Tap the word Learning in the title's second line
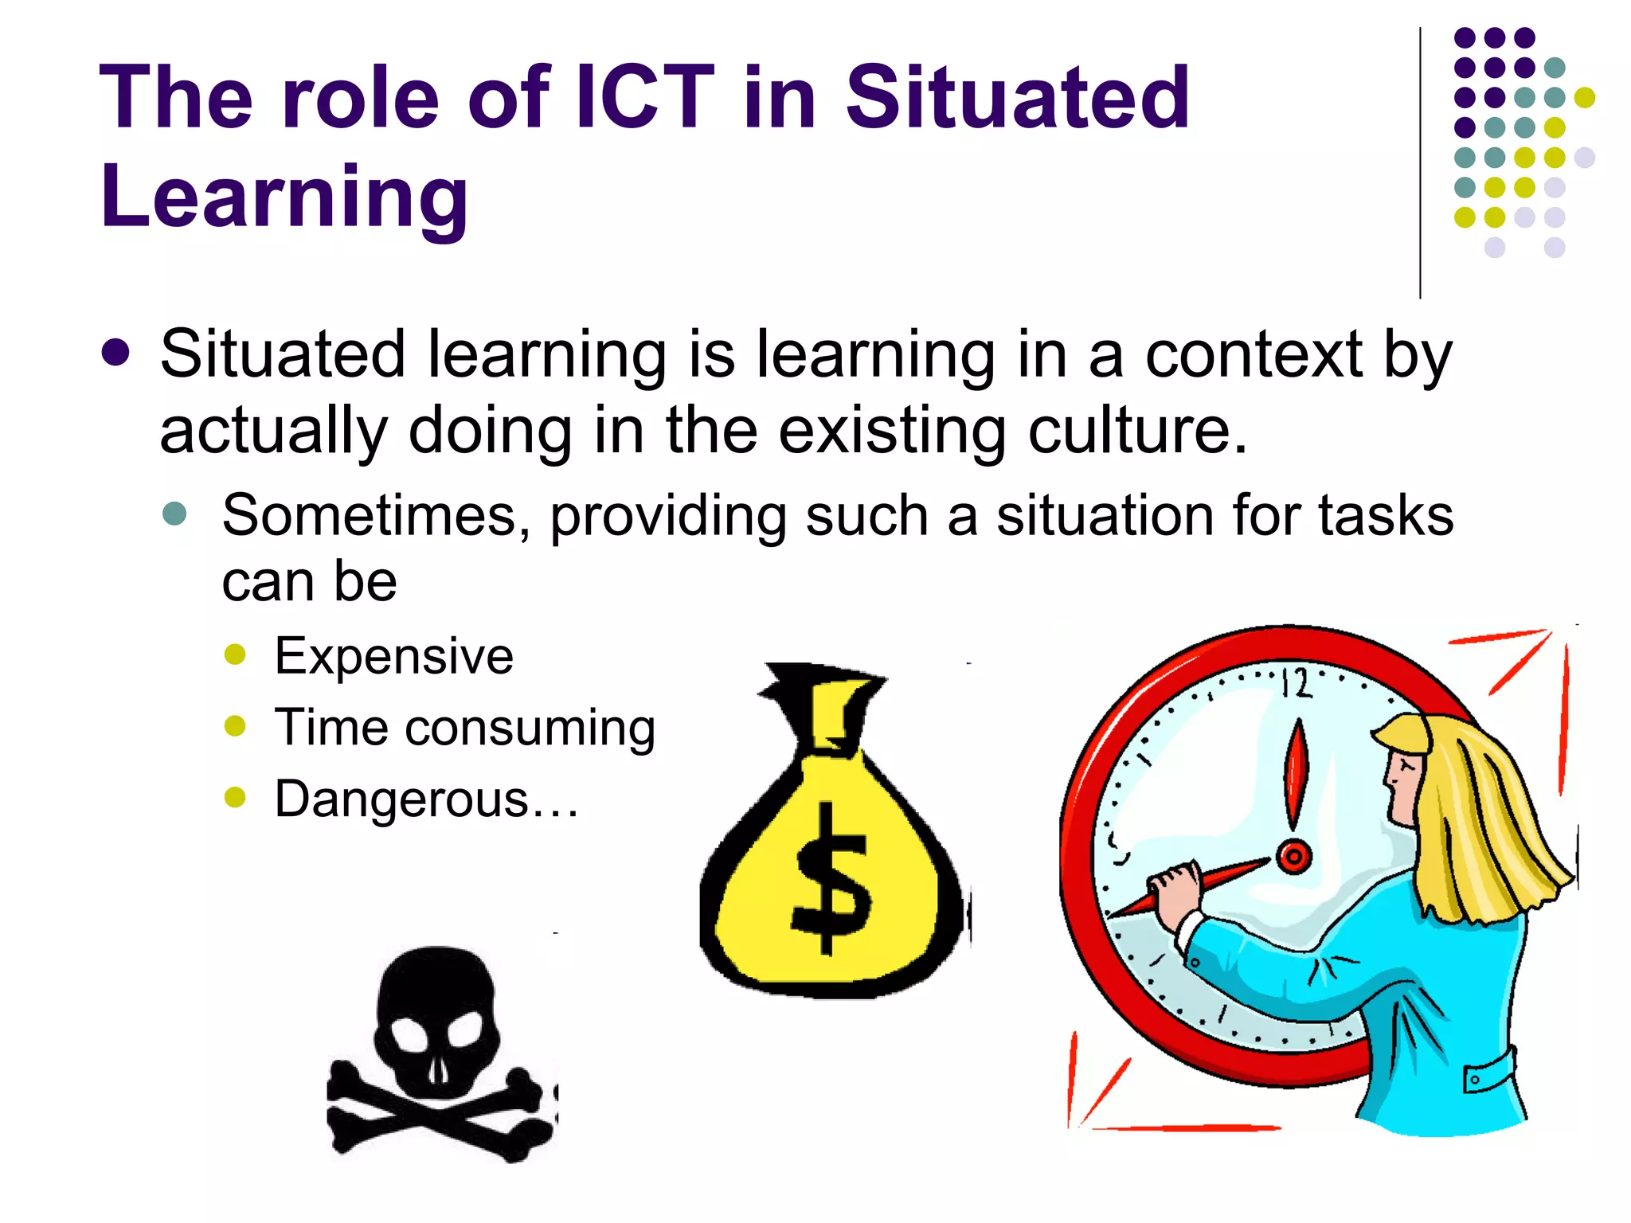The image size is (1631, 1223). [284, 197]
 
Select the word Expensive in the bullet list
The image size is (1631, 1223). [393, 657]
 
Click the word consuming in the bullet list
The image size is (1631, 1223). [530, 729]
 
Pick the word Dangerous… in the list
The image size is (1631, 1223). [426, 799]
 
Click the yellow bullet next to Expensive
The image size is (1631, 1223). [236, 654]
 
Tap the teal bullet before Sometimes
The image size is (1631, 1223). [174, 514]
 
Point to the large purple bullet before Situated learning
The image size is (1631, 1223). [116, 353]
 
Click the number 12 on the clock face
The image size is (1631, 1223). [1295, 683]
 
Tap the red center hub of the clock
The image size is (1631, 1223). [1294, 858]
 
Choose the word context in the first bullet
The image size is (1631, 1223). [1253, 355]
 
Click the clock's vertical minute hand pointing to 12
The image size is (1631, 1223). [1297, 772]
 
